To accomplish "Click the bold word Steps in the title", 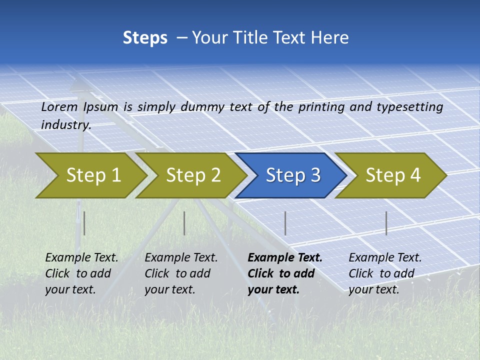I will coord(145,38).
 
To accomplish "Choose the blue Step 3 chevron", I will coord(293,175).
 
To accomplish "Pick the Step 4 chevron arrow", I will coord(393,175).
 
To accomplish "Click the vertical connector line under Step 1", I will coord(84,223).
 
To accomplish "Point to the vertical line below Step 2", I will coord(184,223).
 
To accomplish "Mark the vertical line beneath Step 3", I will coord(285,223).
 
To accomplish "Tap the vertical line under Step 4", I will coord(386,223).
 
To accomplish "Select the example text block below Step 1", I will coord(81,273).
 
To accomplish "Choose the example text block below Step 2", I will coord(181,273).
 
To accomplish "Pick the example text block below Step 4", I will coord(385,273).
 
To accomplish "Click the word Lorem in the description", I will coord(59,107).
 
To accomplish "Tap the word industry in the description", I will coord(65,124).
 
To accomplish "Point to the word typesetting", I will coord(409,107).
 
